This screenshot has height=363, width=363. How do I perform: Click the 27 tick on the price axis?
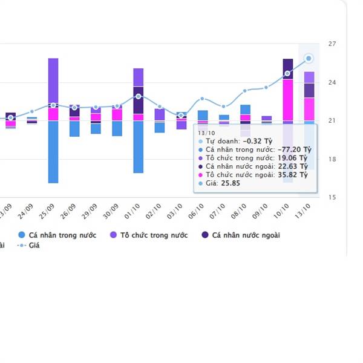(x=332, y=44)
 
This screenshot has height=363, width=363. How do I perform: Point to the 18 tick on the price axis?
(x=332, y=159)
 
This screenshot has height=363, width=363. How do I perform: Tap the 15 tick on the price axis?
(x=332, y=197)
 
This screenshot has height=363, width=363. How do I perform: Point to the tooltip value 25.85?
(x=231, y=183)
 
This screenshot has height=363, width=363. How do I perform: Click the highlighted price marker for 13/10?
(x=309, y=58)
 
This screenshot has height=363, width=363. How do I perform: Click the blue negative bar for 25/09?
(x=53, y=152)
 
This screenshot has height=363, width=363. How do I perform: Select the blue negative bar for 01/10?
(x=139, y=147)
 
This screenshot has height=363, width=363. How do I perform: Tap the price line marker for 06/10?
(x=203, y=99)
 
